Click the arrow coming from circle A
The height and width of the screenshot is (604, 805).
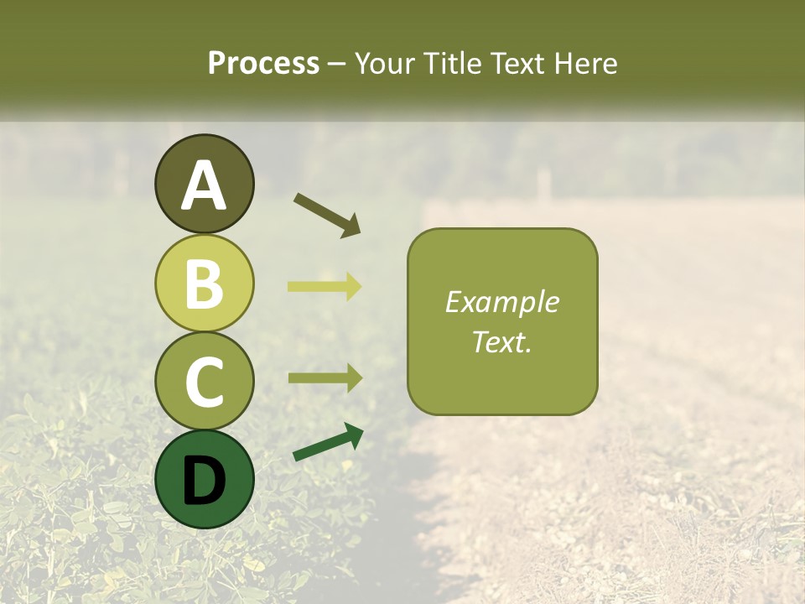click(327, 215)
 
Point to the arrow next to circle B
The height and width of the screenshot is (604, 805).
click(325, 286)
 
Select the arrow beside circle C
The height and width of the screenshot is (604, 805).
click(325, 377)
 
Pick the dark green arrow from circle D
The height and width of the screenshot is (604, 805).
click(328, 442)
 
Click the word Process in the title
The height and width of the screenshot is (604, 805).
click(263, 63)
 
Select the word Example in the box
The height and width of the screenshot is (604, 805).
click(502, 302)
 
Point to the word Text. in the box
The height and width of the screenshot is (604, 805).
click(502, 341)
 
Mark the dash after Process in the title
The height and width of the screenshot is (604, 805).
click(337, 65)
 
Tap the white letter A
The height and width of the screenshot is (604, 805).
click(204, 186)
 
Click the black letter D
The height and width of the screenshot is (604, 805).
click(204, 481)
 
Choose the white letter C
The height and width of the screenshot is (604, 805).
click(204, 382)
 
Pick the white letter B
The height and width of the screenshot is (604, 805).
click(204, 284)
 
